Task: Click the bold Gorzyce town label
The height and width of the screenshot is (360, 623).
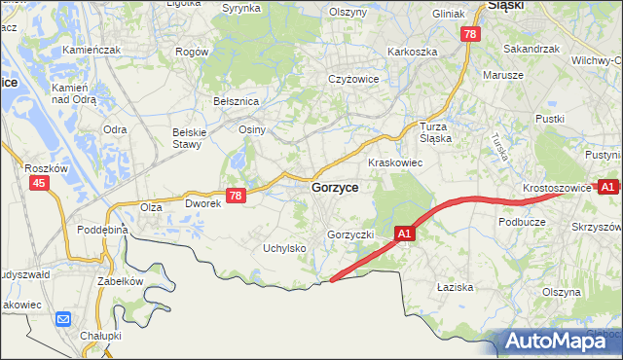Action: (x=335, y=188)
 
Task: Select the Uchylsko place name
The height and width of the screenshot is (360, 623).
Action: (x=285, y=249)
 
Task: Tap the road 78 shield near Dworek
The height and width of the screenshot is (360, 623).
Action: (x=235, y=196)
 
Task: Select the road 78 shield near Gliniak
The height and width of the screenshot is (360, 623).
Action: (x=471, y=34)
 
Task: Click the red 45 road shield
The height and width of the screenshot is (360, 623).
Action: (x=39, y=183)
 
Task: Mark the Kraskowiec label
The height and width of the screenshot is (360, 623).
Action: (x=394, y=162)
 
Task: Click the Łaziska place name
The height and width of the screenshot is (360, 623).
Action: (x=455, y=287)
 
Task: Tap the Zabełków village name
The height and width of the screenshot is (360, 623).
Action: (x=120, y=281)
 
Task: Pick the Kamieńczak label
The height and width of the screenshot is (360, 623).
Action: (x=91, y=50)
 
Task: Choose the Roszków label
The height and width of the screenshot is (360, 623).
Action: (x=45, y=167)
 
